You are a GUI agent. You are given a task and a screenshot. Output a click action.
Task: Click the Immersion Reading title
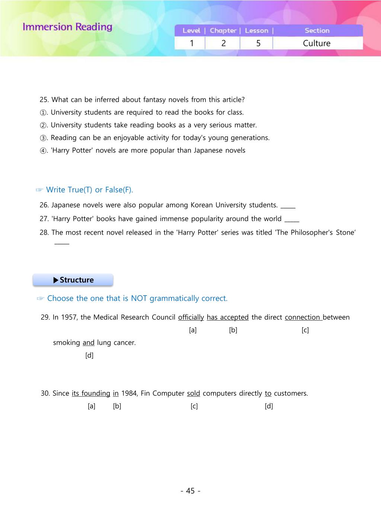point(67,27)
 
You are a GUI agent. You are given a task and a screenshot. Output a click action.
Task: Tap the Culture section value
point(317,43)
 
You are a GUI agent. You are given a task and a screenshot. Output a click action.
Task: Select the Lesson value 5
point(258,43)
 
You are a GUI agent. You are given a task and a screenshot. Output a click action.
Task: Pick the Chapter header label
point(223,31)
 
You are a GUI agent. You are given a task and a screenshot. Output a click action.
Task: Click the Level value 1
point(192,43)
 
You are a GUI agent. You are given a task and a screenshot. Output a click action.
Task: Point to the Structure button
point(73,280)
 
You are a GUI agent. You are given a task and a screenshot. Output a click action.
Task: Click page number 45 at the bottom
point(190,491)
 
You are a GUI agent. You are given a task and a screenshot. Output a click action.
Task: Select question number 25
point(44,100)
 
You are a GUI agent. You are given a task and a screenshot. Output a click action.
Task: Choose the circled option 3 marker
point(43,138)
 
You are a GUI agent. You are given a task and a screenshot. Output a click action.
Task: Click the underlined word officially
point(191,317)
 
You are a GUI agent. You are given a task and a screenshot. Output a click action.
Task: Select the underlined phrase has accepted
point(228,317)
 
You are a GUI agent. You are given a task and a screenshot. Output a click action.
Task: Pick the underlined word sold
point(193,393)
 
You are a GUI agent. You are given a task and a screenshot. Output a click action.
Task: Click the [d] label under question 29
point(89,355)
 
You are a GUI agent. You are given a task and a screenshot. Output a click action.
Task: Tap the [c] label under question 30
point(194,406)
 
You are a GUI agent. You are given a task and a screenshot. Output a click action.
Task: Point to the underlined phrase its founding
point(91,393)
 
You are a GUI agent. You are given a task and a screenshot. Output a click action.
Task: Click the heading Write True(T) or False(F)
point(89,190)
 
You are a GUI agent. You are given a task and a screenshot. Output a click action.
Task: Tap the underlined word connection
point(302,317)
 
